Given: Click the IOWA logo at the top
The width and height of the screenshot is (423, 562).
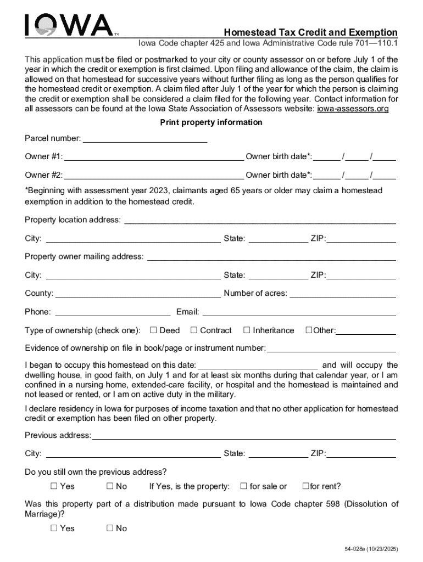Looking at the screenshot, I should tap(69, 26).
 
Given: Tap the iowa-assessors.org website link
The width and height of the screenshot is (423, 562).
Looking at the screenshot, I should tap(353, 109).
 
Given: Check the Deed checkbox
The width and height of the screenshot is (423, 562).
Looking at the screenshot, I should tap(154, 330).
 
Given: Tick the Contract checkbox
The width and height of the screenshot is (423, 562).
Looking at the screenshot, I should tap(194, 330).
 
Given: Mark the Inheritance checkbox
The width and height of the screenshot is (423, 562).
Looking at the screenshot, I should tap(247, 330).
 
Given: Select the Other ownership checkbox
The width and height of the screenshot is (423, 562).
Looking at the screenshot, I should tap(309, 330).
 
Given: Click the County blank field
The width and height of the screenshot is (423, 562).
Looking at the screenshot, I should tap(137, 293).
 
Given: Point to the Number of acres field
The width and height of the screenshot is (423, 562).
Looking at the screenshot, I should tap(342, 293).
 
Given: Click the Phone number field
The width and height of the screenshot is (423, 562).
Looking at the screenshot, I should tap(113, 312).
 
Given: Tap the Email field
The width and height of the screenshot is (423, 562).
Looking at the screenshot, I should tap(299, 312).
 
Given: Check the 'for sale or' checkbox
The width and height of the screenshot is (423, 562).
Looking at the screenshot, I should tap(243, 486).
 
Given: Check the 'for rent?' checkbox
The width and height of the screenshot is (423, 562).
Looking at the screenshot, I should tap(306, 486).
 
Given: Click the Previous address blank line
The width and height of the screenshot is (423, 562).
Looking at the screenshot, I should tap(244, 435).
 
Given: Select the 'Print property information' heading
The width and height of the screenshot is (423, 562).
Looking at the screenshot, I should tap(211, 122).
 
